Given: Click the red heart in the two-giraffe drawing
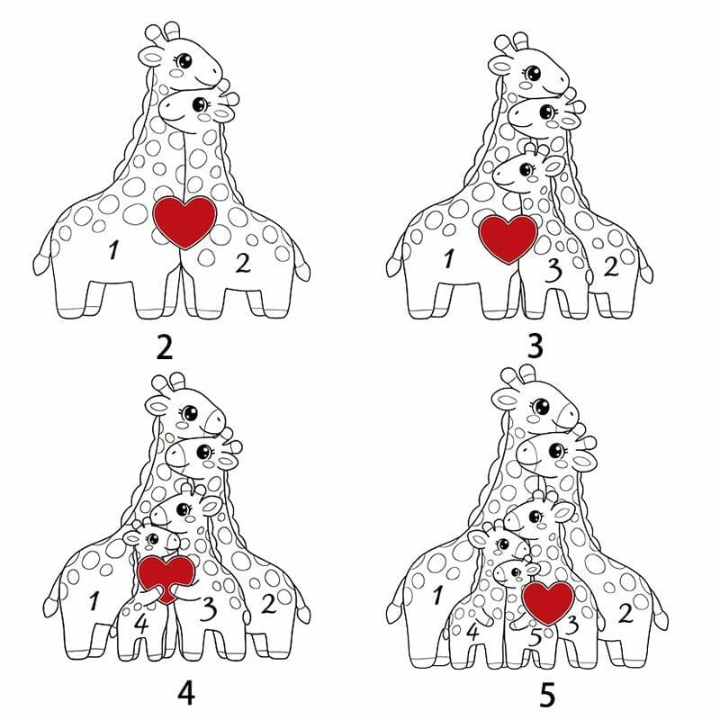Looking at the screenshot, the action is (184, 221).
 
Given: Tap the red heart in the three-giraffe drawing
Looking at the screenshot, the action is (508, 238).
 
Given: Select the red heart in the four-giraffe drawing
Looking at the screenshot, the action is (166, 578).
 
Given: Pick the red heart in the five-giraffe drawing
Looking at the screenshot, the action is (548, 601).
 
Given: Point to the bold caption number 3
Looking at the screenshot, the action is (535, 346).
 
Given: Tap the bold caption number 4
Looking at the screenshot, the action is (186, 693).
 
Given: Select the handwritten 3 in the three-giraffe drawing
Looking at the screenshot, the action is (553, 271).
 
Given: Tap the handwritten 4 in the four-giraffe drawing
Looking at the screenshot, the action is (141, 625).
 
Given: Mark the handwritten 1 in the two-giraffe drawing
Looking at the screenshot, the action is (113, 250).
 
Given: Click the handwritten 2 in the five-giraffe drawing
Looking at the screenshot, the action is (625, 613).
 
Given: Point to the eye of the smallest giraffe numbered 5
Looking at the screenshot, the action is (516, 572).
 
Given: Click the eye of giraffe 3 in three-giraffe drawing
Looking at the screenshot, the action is (526, 170).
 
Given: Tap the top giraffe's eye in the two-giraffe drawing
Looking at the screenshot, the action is (184, 60).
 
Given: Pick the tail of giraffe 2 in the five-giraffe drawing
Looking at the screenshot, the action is (661, 611).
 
